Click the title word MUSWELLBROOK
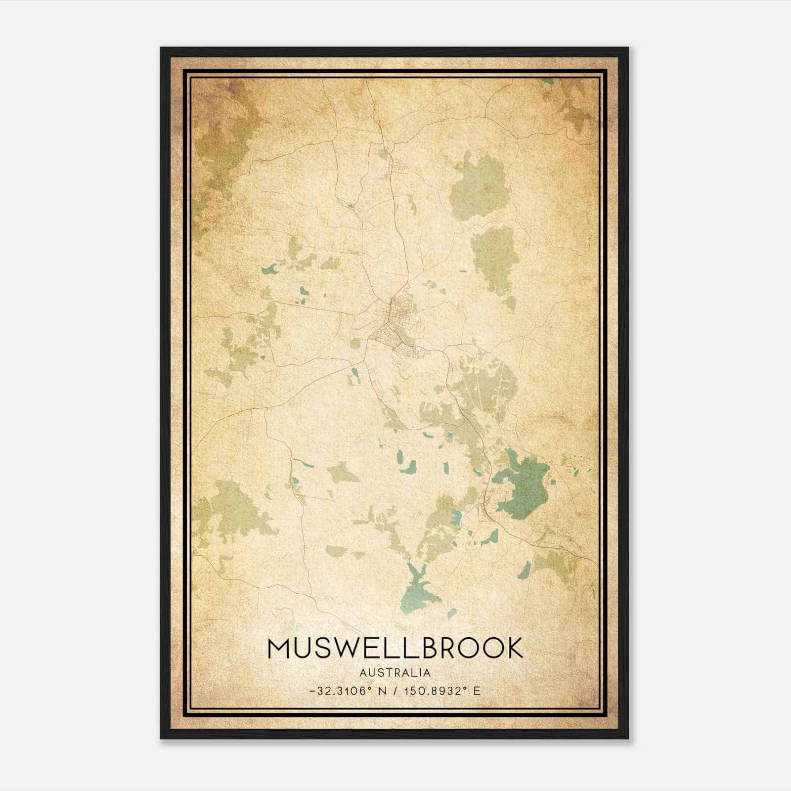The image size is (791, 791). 395,648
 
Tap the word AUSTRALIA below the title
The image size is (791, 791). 395,673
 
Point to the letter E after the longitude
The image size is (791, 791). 477,691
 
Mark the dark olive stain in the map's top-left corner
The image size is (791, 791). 222,138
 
